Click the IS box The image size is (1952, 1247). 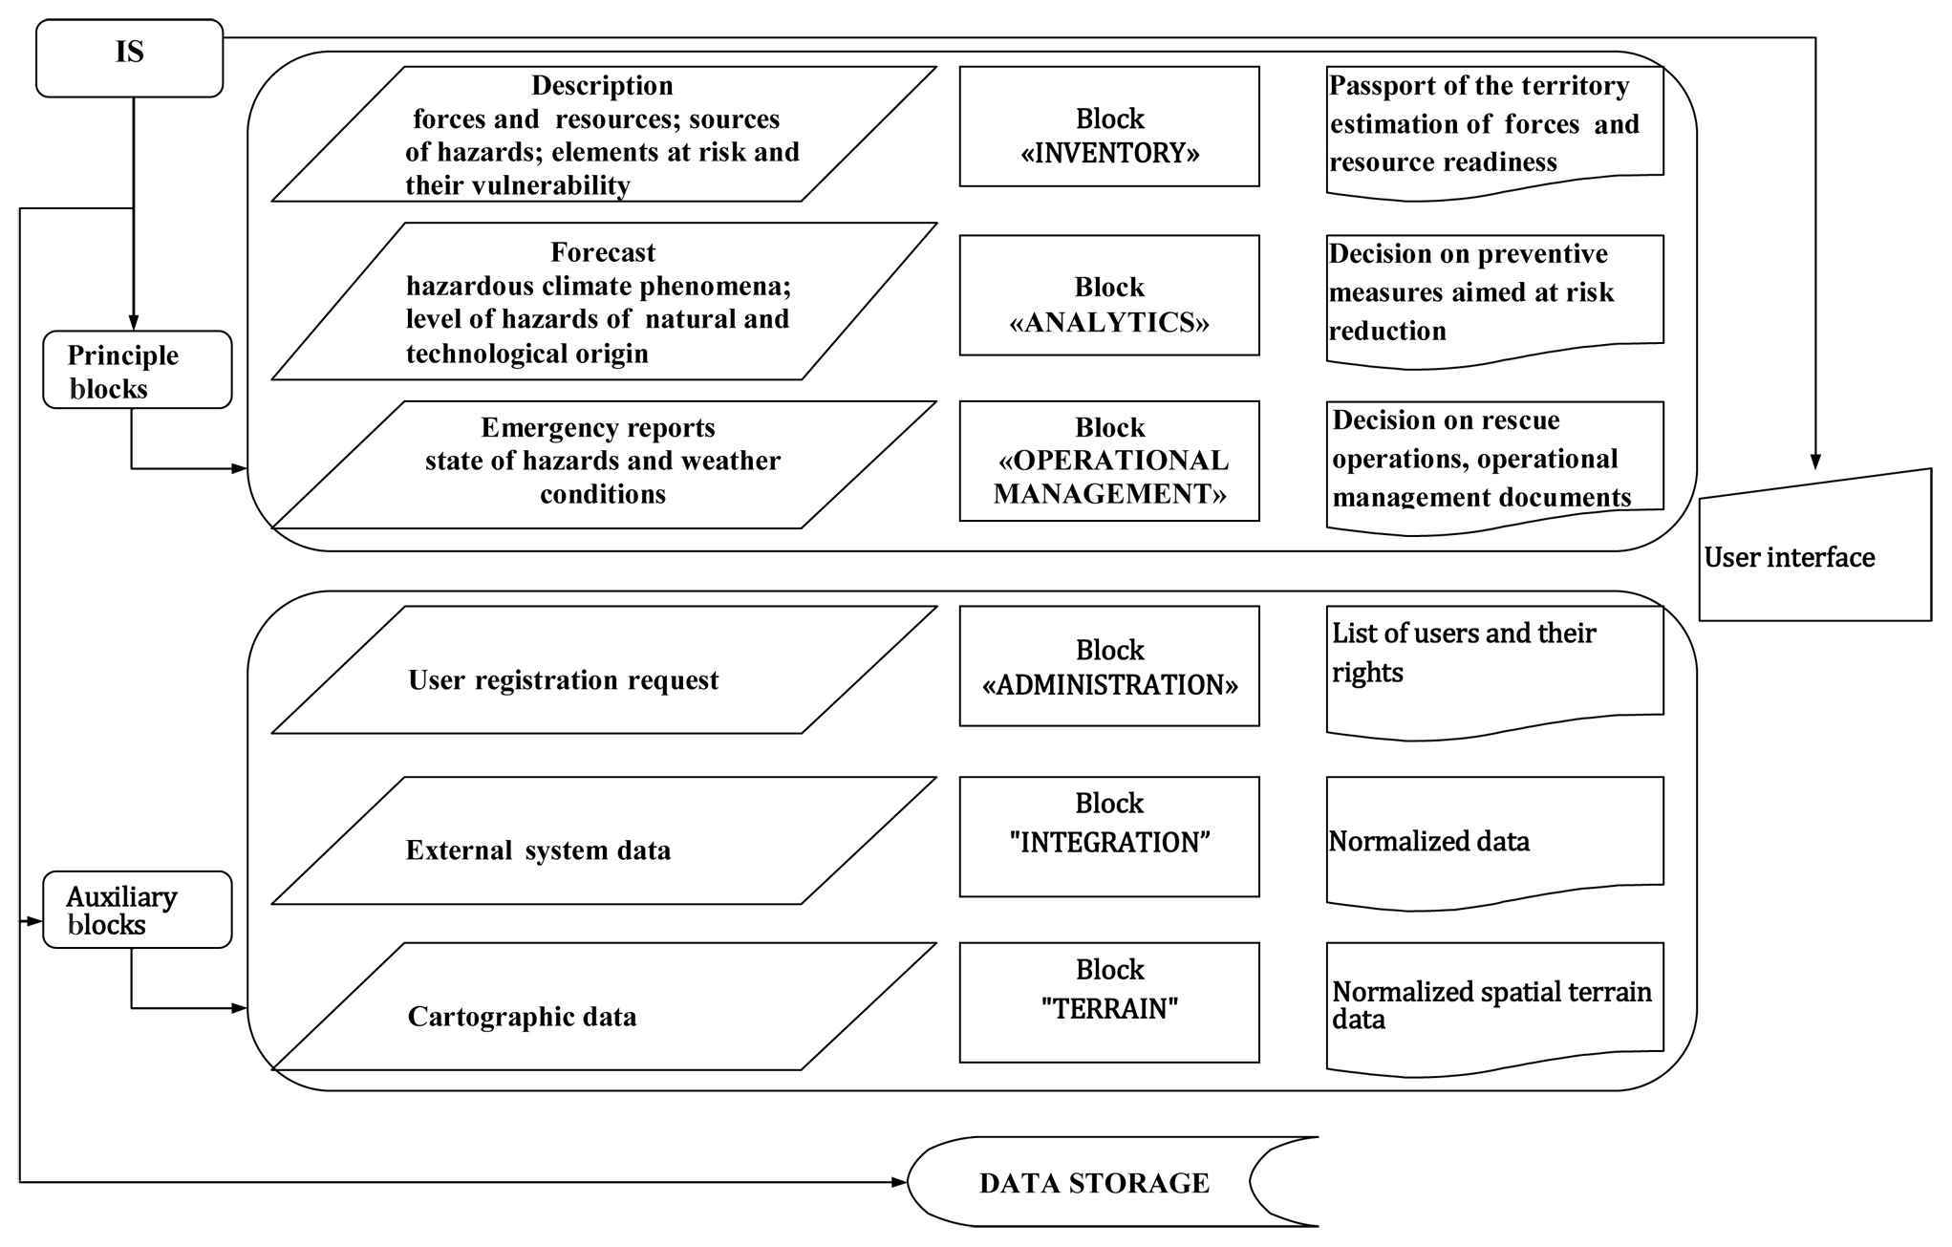click(x=129, y=57)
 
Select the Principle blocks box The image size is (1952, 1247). click(x=137, y=370)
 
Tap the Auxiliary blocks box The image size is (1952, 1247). click(x=137, y=910)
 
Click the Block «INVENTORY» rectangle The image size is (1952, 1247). click(x=1108, y=126)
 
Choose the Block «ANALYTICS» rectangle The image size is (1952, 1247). click(x=1108, y=295)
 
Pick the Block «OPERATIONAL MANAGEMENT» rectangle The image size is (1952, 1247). click(x=1108, y=461)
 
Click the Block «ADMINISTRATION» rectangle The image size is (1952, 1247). click(x=1108, y=666)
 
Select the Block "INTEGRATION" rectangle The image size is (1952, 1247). click(x=1108, y=836)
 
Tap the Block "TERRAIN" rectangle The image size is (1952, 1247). click(x=1108, y=1002)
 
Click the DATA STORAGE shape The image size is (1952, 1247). click(x=1094, y=1182)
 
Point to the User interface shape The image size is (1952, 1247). click(x=1813, y=554)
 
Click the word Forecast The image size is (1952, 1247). click(x=603, y=252)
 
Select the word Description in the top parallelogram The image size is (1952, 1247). click(x=602, y=85)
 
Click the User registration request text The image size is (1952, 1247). click(x=563, y=679)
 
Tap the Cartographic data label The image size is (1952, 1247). click(x=522, y=1016)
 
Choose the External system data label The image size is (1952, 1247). click(x=538, y=849)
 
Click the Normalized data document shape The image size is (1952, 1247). click(x=1493, y=841)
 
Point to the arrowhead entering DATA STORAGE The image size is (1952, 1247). click(x=898, y=1182)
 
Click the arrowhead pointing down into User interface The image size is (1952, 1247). click(x=1814, y=462)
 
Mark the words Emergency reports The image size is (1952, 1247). click(x=597, y=427)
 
